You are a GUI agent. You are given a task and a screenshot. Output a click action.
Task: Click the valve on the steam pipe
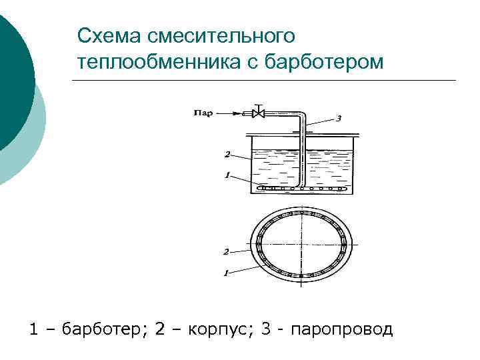pyautogui.click(x=259, y=113)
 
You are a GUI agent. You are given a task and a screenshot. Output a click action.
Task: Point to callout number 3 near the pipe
pyautogui.click(x=338, y=119)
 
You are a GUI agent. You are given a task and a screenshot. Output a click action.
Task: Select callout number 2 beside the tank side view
pyautogui.click(x=227, y=155)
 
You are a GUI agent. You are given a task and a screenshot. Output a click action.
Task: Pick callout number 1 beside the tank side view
pyautogui.click(x=227, y=176)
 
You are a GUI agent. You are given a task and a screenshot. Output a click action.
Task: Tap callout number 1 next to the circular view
pyautogui.click(x=226, y=273)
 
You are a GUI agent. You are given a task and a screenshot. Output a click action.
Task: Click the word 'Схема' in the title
pyautogui.click(x=110, y=35)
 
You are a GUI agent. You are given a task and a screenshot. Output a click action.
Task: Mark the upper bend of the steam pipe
pyautogui.click(x=302, y=115)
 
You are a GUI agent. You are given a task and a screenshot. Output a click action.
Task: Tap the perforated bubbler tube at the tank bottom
pyautogui.click(x=304, y=189)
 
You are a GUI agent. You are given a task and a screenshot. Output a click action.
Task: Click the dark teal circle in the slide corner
pyautogui.click(x=10, y=80)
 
